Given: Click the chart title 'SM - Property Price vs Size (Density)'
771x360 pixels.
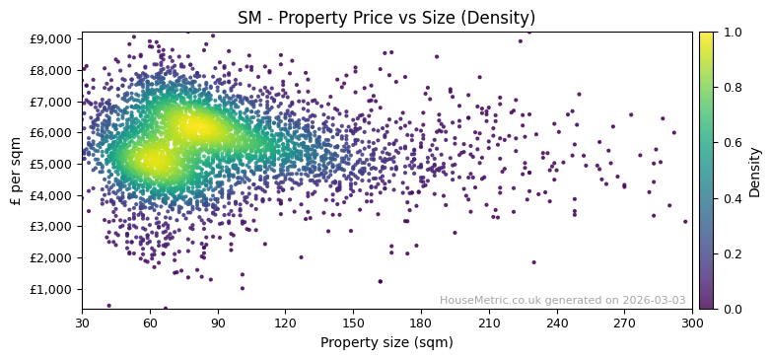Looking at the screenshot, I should [x=386, y=18].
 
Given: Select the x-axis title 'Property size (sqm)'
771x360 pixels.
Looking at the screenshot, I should [x=386, y=343].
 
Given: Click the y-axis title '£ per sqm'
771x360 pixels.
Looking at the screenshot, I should [x=16, y=171].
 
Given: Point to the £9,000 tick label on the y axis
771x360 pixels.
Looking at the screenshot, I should [x=50, y=38].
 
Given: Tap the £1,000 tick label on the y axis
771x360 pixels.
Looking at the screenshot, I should [x=50, y=289].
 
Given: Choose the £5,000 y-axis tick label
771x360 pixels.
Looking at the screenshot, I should [x=50, y=164].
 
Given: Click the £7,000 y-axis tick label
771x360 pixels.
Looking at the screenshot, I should [x=50, y=102].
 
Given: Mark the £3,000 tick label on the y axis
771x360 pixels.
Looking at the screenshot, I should [x=50, y=227].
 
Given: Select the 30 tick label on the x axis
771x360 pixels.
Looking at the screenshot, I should [x=82, y=323].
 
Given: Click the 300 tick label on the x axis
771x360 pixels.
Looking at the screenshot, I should [x=692, y=323].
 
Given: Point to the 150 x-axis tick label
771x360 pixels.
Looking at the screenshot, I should [x=353, y=323].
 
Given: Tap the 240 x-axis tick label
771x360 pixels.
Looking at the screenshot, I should [x=556, y=323].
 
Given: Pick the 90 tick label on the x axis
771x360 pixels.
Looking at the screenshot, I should [x=218, y=323].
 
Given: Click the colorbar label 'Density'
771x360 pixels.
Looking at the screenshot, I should [x=755, y=171].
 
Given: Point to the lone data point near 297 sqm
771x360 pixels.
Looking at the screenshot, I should [x=685, y=221].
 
